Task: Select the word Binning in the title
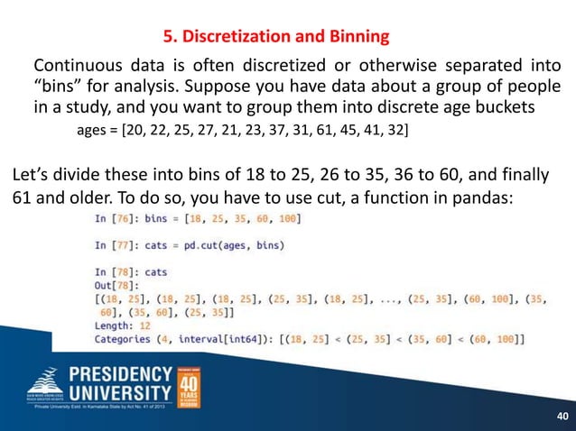click(356, 37)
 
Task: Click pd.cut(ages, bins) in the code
click(239, 244)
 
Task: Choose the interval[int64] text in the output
click(231, 338)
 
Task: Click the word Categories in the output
click(127, 338)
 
